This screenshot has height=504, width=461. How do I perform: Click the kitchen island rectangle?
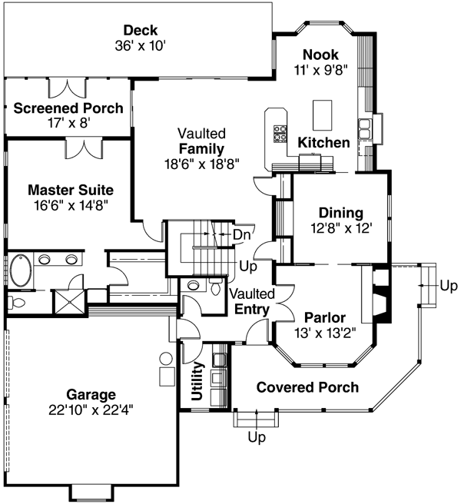[x=323, y=114]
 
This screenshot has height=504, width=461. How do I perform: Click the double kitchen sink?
[x=365, y=126]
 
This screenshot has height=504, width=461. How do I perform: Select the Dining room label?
[x=341, y=213]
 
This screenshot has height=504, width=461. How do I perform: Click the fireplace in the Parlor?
[x=381, y=296]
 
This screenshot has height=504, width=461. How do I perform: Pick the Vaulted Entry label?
[x=249, y=303]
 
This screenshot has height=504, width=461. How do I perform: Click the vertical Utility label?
[x=197, y=382]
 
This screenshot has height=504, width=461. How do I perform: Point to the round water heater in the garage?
[x=166, y=359]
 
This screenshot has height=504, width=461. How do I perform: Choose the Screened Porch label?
[x=68, y=108]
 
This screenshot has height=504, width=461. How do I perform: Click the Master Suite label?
[x=70, y=189]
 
